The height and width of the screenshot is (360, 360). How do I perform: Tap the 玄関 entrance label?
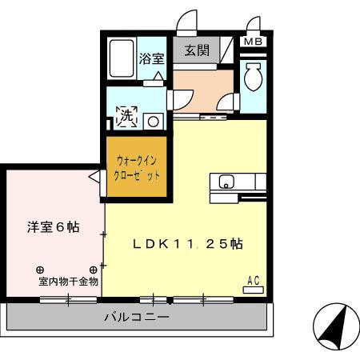coord(197,51)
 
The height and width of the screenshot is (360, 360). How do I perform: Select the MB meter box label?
coord(252,42)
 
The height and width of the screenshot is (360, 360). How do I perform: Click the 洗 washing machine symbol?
coord(126,118)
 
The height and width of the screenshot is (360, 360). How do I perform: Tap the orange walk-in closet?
coord(134,168)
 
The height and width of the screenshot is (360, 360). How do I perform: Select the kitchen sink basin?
coord(226,181)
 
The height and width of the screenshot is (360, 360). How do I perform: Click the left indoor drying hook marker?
coord(39,269)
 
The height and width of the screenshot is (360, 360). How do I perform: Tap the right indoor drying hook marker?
coord(93,269)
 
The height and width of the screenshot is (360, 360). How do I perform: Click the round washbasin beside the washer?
coord(151,120)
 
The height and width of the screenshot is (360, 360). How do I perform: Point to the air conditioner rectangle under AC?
coord(254,289)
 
